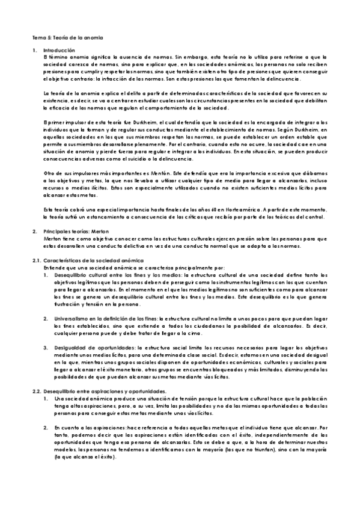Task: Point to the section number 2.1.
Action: click(35, 259)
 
